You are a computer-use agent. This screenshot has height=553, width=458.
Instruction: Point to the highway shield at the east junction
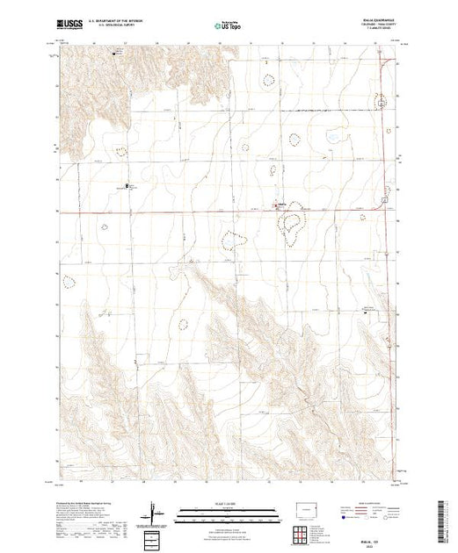pyautogui.click(x=384, y=206)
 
